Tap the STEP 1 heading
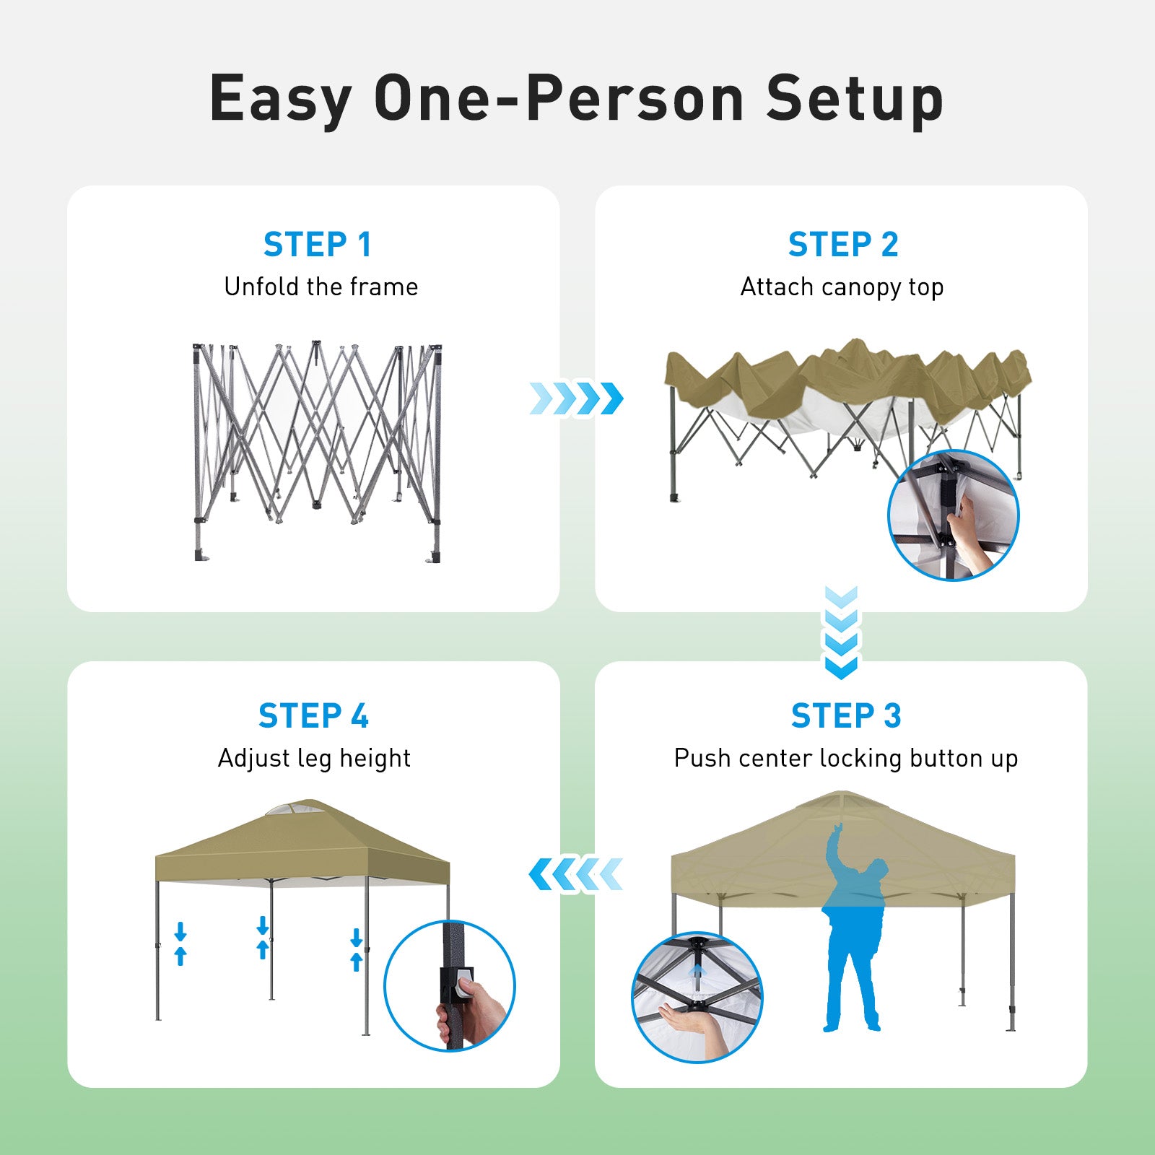tap(317, 245)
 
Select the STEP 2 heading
tap(842, 245)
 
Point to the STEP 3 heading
tap(846, 716)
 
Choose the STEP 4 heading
tap(313, 716)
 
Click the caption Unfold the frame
tap(321, 287)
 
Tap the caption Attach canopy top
tap(842, 287)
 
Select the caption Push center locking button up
tap(846, 759)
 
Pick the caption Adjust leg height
tap(314, 759)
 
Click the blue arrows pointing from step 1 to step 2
tap(576, 398)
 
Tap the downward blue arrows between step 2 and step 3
tap(841, 633)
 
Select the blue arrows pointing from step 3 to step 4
tap(575, 874)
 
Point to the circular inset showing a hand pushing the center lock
tap(697, 998)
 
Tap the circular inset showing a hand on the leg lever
tap(450, 985)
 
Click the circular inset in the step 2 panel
tap(953, 515)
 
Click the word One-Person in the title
tap(559, 99)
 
